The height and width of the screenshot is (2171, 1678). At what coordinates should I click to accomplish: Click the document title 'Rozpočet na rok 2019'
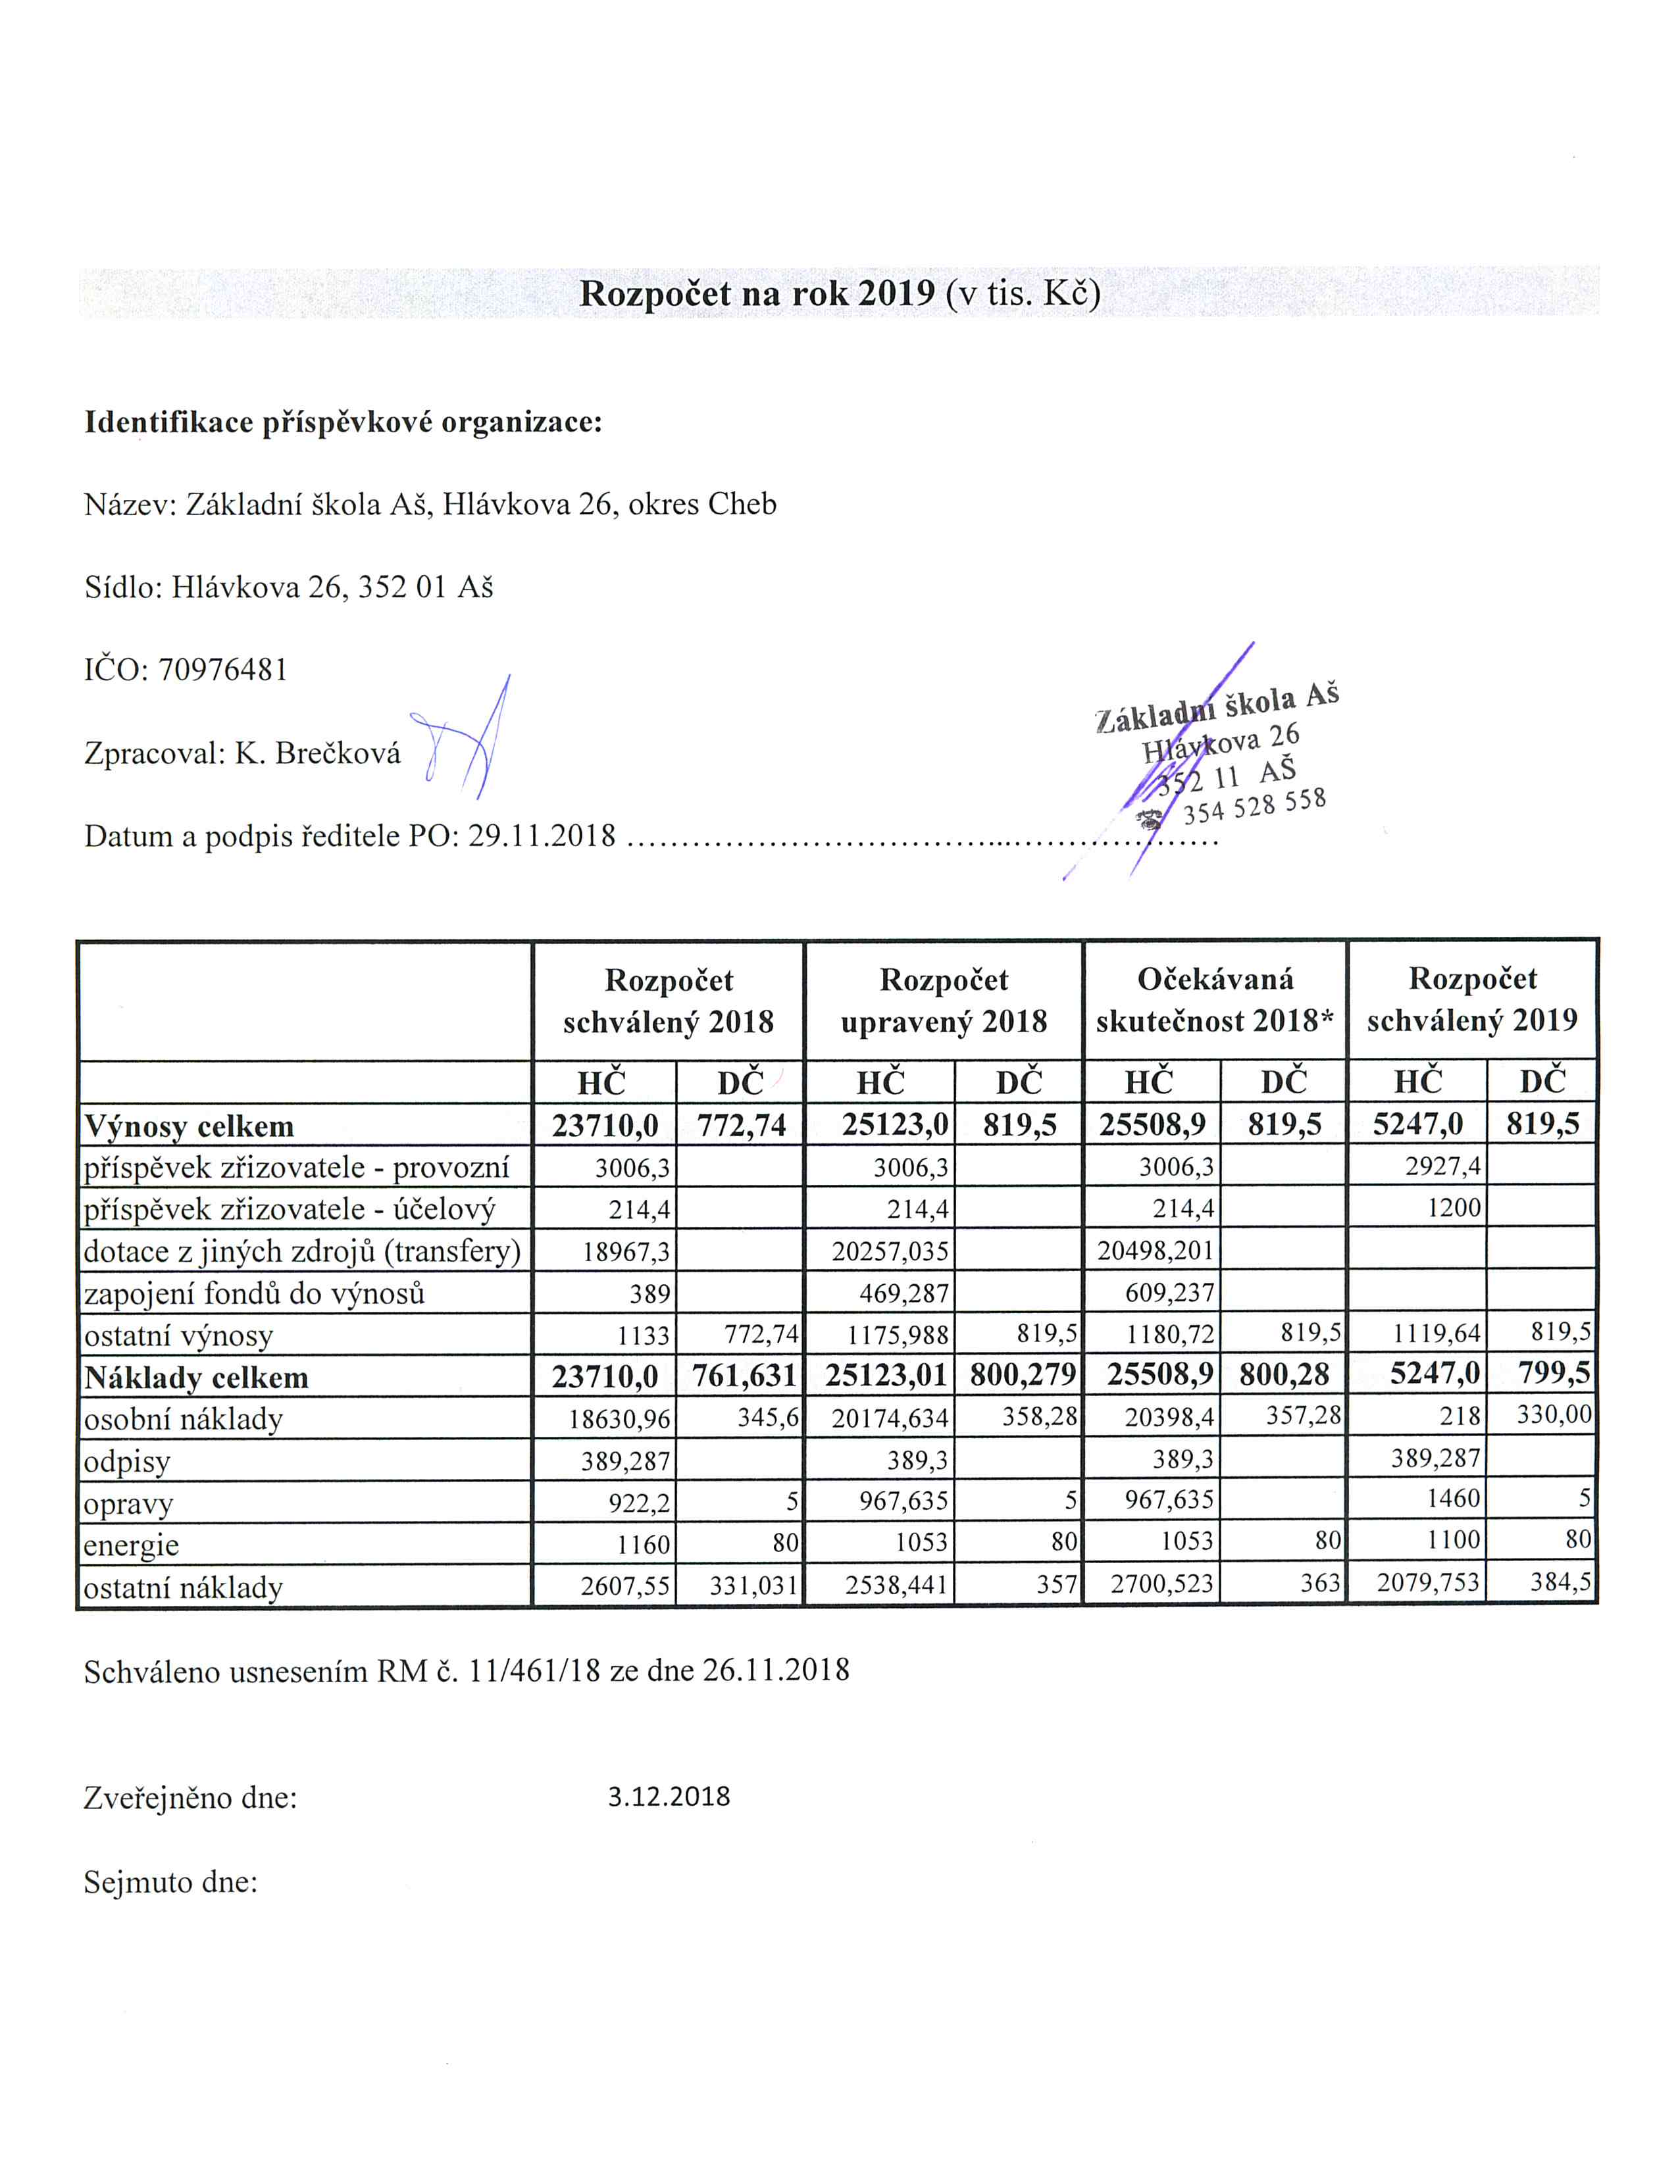coord(757,293)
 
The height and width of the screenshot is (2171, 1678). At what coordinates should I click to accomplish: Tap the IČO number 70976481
coord(222,670)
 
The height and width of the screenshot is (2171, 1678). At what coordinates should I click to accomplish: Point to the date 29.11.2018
coord(542,835)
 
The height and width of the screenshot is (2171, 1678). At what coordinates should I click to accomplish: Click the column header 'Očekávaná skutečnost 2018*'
coord(1215,1000)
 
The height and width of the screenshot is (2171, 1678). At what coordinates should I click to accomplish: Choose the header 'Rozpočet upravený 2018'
coord(944,1000)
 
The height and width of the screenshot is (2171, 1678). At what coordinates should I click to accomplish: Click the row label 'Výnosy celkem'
coord(189,1126)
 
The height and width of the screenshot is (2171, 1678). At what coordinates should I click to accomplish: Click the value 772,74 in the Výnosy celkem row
coord(740,1125)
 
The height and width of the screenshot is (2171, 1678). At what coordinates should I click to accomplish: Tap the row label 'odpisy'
coord(127,1461)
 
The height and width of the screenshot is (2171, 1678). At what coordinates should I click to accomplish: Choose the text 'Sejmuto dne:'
coord(171,1882)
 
